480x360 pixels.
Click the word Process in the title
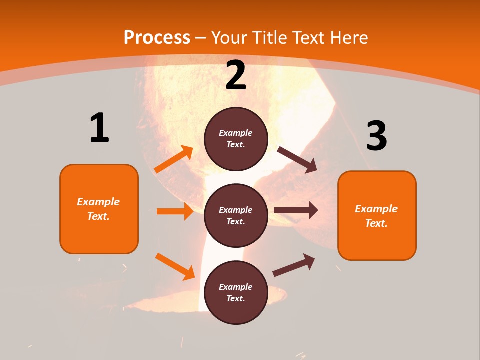point(157,38)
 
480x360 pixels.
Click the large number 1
point(99,128)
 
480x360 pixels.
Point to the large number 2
point(236,75)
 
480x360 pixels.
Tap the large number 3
point(376,136)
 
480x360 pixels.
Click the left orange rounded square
point(99,209)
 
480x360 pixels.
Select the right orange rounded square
point(377,215)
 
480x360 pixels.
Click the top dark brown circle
point(236,139)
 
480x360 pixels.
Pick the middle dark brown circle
point(236,215)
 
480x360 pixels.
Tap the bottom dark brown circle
point(236,292)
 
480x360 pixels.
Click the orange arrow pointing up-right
point(174,159)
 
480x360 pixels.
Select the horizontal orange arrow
point(175,211)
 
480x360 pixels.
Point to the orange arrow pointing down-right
point(175,266)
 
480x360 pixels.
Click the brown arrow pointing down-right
point(297,160)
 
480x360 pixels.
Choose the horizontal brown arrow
point(296,210)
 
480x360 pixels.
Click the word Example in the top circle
point(236,133)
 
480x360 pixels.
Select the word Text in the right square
point(376,223)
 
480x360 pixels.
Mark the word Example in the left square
point(98,202)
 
